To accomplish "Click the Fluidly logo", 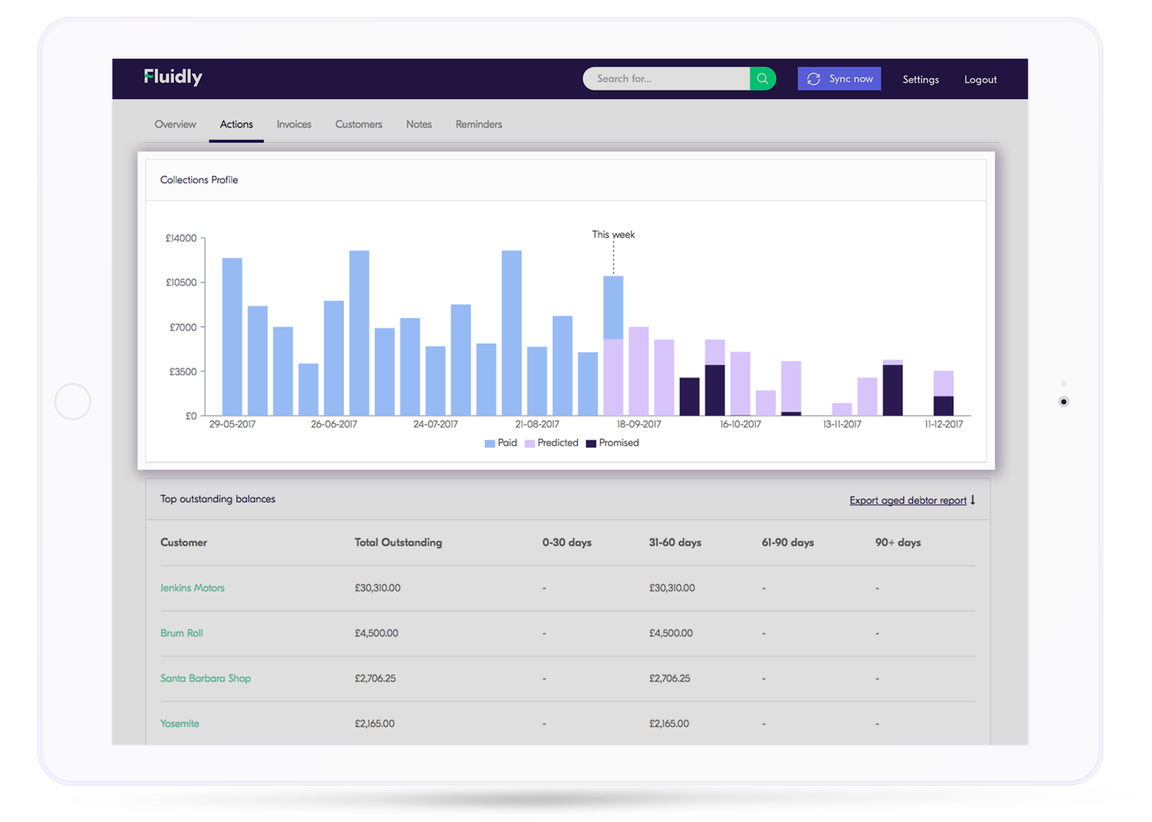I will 173,77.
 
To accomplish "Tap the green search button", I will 762,78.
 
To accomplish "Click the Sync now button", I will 839,78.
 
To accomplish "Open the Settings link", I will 920,80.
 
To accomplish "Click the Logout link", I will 980,80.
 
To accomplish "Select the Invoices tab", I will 294,124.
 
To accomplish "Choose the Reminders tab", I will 478,124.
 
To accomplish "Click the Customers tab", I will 359,124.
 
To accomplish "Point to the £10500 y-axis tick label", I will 181,282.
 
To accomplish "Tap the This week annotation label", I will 613,234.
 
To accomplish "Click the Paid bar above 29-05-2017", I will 232,337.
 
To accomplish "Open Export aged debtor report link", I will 908,500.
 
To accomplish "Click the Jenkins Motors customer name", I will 193,588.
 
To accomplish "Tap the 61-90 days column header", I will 787,542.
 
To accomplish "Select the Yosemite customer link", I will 180,723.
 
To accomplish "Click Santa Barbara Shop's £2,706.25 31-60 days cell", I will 670,678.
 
